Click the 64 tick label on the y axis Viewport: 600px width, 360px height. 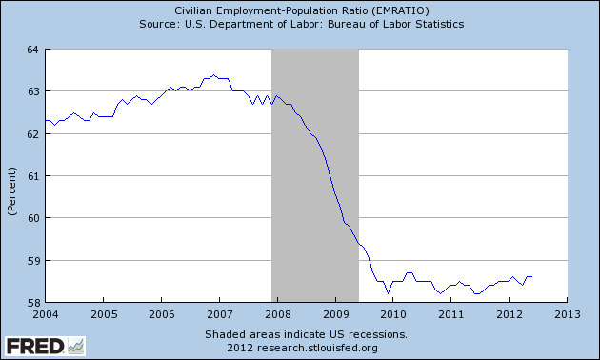click(x=32, y=50)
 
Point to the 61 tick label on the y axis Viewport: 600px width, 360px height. click(x=32, y=176)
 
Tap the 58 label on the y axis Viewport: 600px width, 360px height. click(x=32, y=303)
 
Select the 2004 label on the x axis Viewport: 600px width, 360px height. click(x=46, y=314)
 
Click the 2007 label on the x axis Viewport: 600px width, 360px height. click(x=220, y=314)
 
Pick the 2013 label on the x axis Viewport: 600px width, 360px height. click(x=568, y=314)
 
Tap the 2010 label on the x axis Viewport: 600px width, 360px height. click(x=393, y=314)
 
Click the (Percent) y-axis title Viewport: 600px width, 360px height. click(x=12, y=191)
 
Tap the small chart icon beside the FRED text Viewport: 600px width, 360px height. click(x=76, y=347)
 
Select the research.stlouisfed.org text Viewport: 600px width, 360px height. click(x=317, y=348)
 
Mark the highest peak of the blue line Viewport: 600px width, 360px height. click(x=214, y=75)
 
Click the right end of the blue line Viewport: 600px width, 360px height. click(x=531, y=276)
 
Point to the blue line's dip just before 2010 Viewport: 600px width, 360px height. click(x=388, y=293)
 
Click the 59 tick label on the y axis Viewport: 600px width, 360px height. click(x=32, y=261)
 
